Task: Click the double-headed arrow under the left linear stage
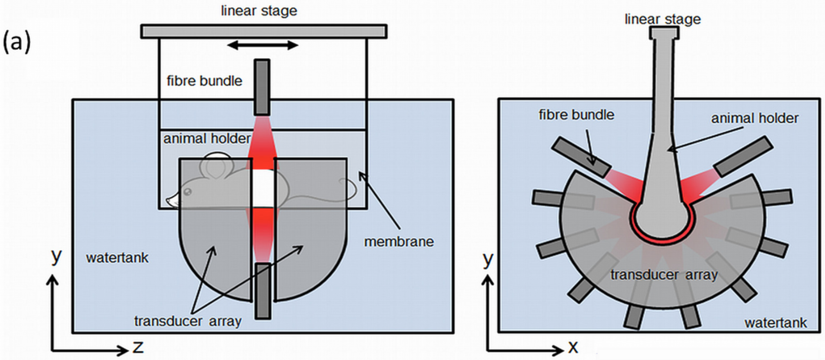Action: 263,45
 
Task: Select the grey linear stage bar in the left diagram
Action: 264,31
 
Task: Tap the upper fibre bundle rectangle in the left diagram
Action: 262,87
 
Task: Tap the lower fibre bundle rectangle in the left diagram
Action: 263,291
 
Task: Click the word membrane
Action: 399,242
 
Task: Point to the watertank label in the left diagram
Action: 117,258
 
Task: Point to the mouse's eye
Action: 187,192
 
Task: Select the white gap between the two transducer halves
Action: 263,187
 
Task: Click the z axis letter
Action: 138,347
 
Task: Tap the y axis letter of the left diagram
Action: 56,256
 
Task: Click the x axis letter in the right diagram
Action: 573,347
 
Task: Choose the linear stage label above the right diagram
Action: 662,19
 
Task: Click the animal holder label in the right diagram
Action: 755,118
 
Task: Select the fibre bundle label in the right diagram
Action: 576,115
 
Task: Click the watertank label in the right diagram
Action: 776,322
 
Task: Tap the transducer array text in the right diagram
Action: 664,275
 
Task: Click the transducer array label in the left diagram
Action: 187,321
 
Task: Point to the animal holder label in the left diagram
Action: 207,139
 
